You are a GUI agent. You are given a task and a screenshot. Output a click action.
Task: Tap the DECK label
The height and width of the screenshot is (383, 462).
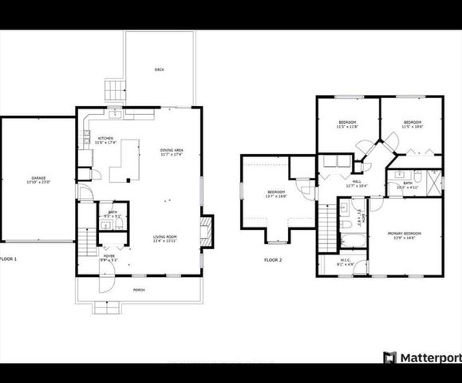(159, 70)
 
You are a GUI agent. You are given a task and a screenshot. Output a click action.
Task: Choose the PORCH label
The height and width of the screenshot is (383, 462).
(139, 290)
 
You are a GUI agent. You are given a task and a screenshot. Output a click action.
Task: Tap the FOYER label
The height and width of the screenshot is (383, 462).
(109, 257)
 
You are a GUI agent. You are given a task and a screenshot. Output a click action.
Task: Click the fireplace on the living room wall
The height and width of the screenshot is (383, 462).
(207, 231)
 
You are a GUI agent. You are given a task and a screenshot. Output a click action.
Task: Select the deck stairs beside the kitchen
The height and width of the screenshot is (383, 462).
(116, 89)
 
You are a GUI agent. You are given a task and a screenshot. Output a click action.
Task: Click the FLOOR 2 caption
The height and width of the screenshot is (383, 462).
(274, 259)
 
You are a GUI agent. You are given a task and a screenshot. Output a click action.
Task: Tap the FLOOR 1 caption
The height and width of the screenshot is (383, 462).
(8, 259)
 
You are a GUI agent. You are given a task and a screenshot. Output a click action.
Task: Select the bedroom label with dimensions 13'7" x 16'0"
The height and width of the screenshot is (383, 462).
(276, 194)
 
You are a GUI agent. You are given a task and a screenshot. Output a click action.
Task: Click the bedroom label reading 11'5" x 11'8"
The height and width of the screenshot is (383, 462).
(347, 124)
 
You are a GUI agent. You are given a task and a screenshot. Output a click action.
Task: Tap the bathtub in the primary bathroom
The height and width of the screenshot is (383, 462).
(351, 239)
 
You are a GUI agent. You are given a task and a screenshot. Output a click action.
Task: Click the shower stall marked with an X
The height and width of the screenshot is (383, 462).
(434, 181)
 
